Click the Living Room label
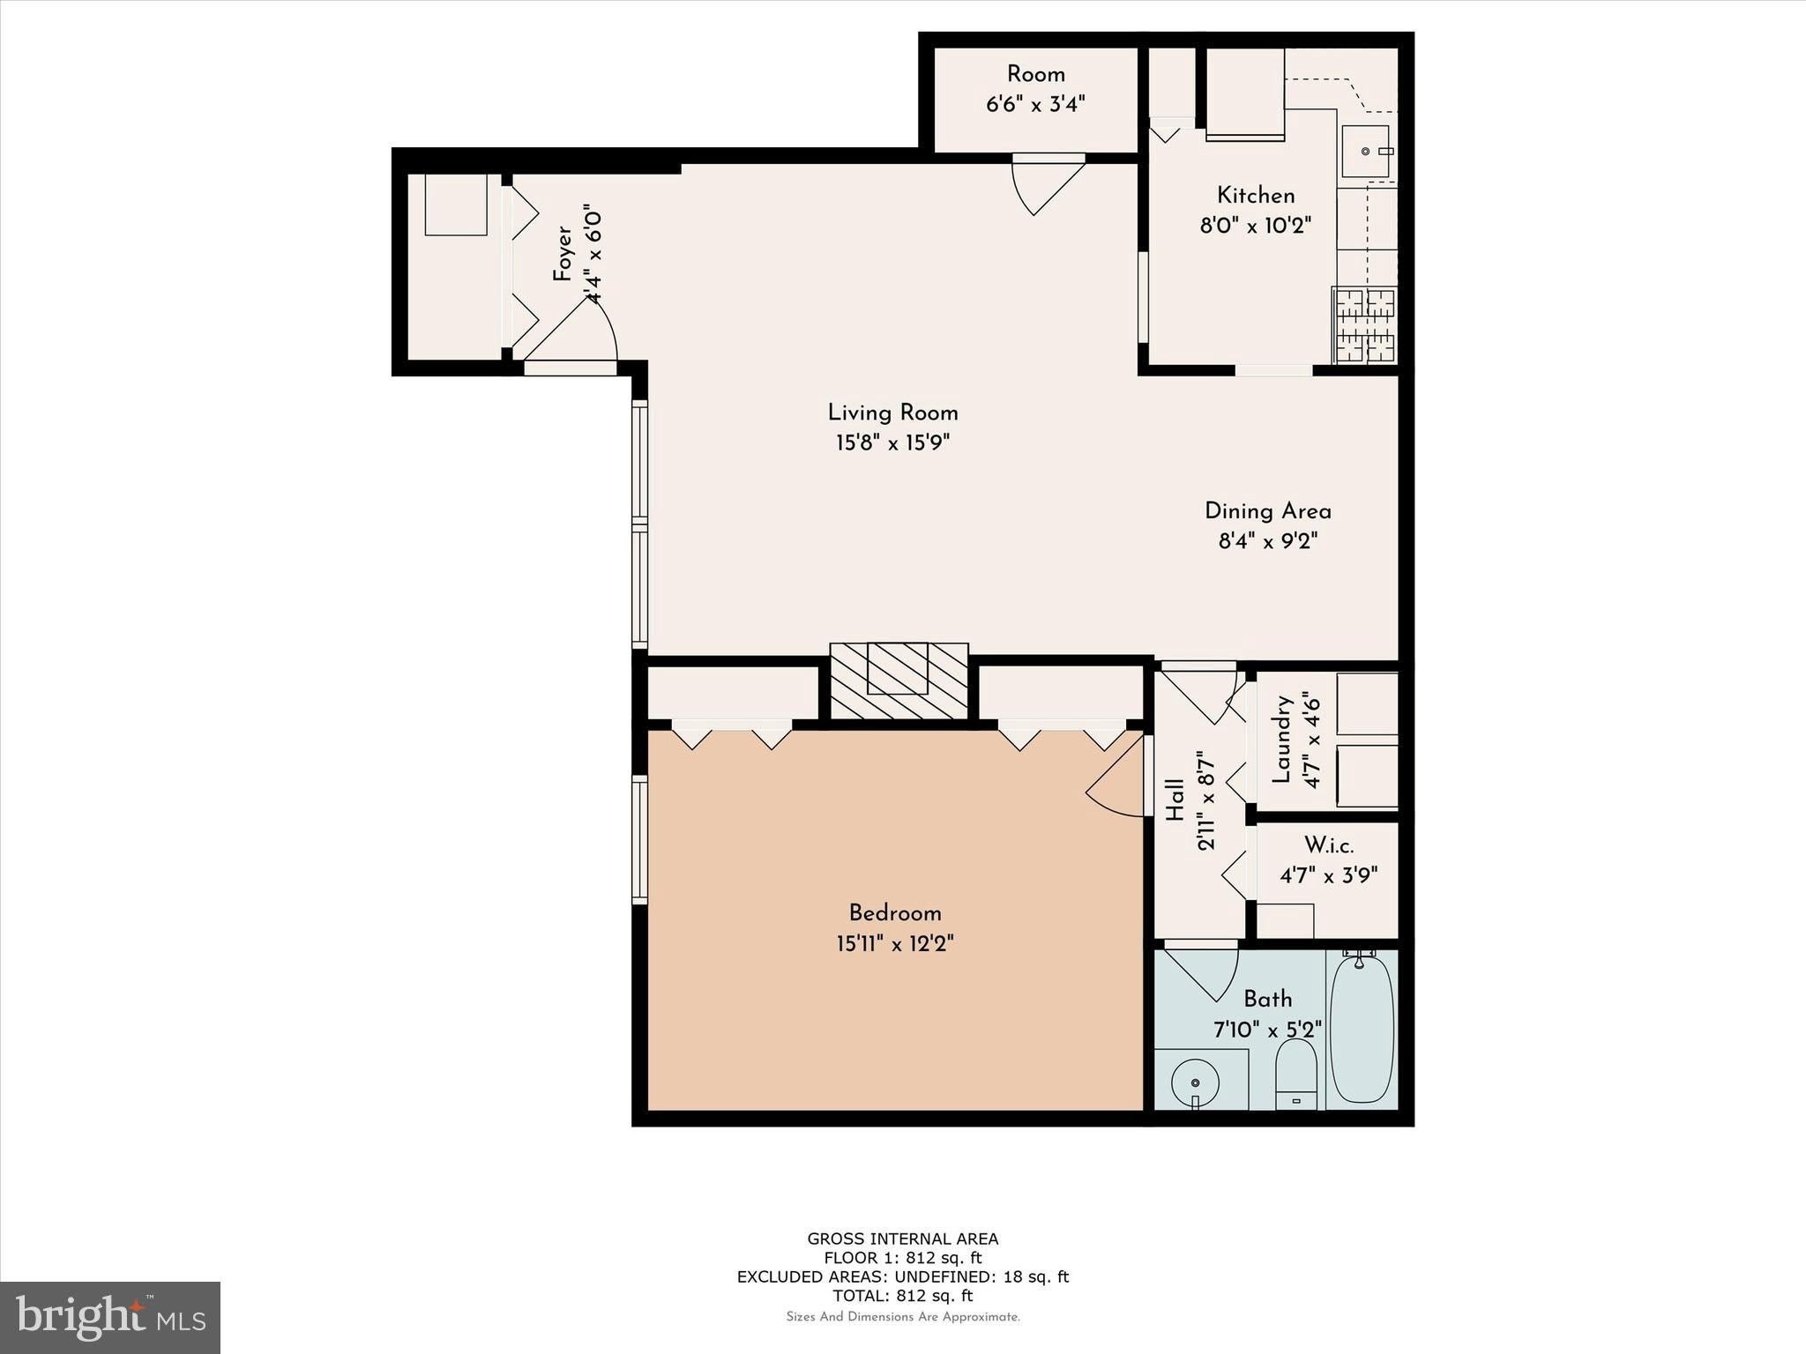click(892, 413)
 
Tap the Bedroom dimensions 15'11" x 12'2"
click(895, 944)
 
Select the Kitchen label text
click(1256, 196)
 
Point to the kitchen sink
click(1366, 151)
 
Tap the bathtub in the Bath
click(1362, 1029)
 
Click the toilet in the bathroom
click(1296, 1074)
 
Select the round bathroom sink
click(1195, 1082)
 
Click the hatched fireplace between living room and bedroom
click(899, 681)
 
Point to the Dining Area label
click(1268, 511)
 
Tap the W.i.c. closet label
click(1329, 845)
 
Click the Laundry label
click(1281, 740)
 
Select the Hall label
click(1175, 800)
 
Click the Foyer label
click(563, 254)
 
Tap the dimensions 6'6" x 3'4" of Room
click(1035, 104)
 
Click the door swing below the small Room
click(1046, 184)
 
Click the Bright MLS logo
click(110, 1318)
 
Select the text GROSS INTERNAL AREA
click(903, 1239)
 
